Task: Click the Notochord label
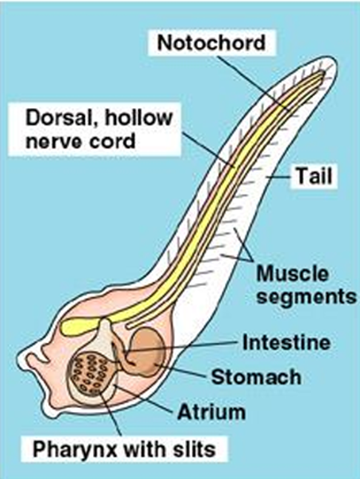click(x=211, y=43)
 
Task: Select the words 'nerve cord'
click(x=80, y=141)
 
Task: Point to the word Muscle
click(x=292, y=274)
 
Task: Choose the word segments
click(x=306, y=296)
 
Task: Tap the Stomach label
click(x=256, y=377)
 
